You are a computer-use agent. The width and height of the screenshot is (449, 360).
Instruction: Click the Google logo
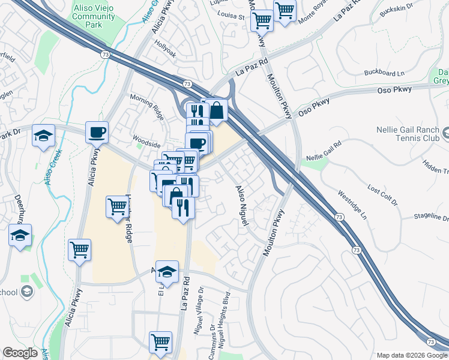coord(20,353)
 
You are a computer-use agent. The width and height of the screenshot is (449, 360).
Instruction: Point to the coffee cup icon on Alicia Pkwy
coord(97,133)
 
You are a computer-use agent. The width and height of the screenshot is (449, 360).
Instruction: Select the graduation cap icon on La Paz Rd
coord(167,272)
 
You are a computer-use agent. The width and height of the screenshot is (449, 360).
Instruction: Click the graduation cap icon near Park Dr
coord(44,136)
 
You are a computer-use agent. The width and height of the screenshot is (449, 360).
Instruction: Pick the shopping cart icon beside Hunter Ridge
coord(118,208)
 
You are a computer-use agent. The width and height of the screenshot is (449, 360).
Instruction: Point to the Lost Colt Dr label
coord(382,196)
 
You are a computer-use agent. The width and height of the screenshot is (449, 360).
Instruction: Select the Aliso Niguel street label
coord(242,205)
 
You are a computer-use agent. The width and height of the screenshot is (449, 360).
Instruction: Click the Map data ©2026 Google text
coord(411,355)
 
